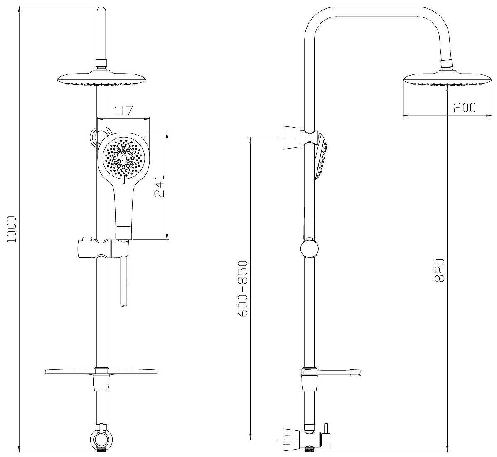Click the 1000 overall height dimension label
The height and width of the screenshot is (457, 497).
point(11,229)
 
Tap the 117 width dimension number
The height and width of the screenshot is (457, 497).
point(123,111)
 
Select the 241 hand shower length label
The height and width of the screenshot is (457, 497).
point(160,186)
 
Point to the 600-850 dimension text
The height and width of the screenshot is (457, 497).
point(243,288)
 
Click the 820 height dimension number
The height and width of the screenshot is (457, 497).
point(440,270)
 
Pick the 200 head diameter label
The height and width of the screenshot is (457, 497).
point(465,108)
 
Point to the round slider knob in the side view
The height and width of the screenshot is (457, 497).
point(309,248)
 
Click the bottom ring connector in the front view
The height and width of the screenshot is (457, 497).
point(101,439)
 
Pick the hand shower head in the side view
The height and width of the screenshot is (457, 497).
point(321,157)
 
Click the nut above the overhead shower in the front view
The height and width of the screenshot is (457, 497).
point(101,63)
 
